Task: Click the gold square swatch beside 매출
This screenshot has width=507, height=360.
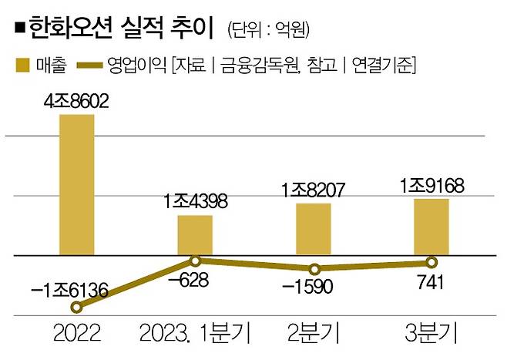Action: [x=22, y=66]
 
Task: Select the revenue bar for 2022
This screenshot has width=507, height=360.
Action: [x=77, y=184]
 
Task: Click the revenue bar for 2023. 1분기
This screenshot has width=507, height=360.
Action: [x=195, y=234]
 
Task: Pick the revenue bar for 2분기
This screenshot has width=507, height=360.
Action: [x=313, y=228]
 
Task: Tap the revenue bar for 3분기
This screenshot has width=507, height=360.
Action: [x=431, y=226]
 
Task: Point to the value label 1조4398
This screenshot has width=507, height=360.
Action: [x=195, y=203]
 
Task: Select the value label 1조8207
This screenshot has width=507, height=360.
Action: [x=313, y=189]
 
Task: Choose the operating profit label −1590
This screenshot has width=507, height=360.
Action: [x=313, y=288]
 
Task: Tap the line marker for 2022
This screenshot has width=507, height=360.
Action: [x=76, y=308]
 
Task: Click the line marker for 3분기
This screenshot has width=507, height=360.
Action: [x=431, y=262]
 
